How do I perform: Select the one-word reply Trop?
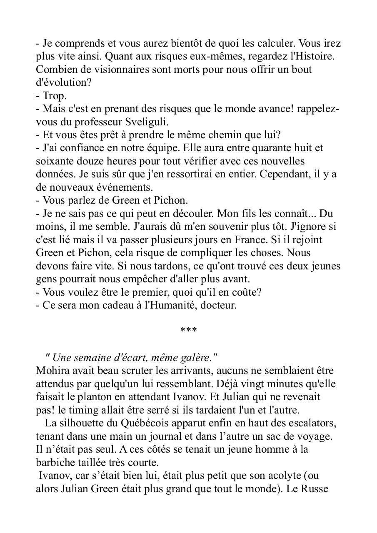click(x=55, y=96)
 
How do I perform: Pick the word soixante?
click(x=52, y=161)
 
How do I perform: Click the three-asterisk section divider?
click(x=188, y=331)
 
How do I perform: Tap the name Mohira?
click(x=51, y=371)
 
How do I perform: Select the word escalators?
click(x=311, y=423)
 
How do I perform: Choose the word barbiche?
click(x=53, y=463)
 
